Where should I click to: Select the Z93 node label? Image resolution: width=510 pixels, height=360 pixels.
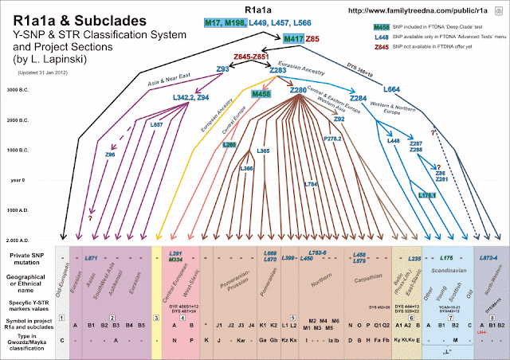pyautogui.click(x=222, y=69)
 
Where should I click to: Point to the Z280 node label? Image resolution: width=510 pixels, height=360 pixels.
pyautogui.click(x=298, y=92)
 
